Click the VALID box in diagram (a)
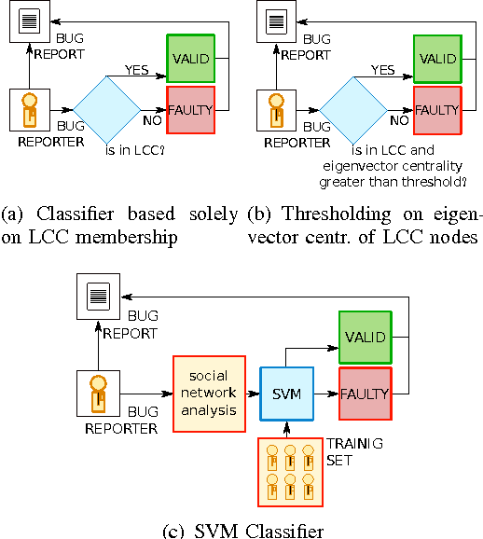[x=191, y=58]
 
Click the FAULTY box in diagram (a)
[x=191, y=108]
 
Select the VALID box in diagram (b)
[x=437, y=58]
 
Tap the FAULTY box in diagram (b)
[x=437, y=109]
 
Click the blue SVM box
[x=286, y=395]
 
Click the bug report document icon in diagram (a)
[x=28, y=21]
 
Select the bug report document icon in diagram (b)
[x=274, y=21]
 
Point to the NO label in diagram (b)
[x=399, y=119]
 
